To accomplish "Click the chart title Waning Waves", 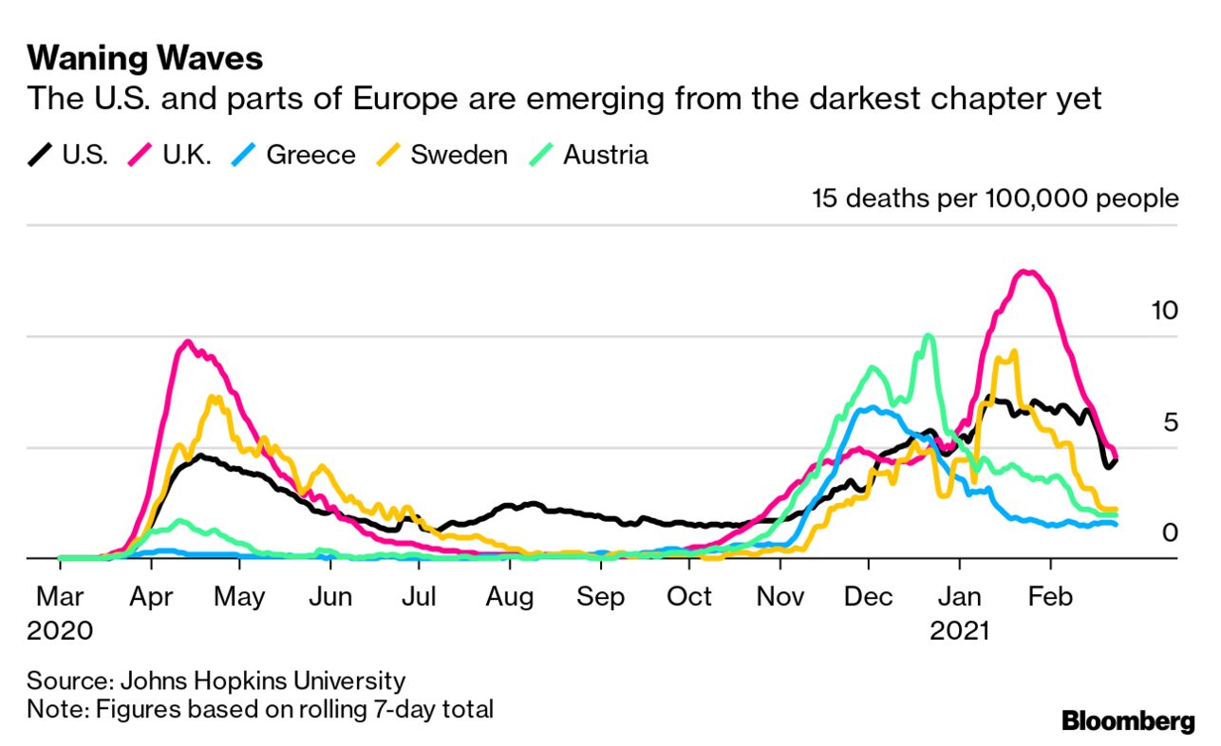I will pos(144,59).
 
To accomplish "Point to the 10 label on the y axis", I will pos(1163,310).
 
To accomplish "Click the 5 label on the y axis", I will pos(1170,421).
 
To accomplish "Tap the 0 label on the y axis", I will pos(1170,532).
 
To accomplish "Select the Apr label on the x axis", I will pos(149,597).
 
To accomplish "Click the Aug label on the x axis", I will pos(509,597).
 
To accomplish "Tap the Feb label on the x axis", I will pos(1050,597).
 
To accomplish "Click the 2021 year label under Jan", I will pos(959,630).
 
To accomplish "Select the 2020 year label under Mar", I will pos(60,630).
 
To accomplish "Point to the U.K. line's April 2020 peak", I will pos(187,343).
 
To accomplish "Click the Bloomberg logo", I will pos(1128,721).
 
